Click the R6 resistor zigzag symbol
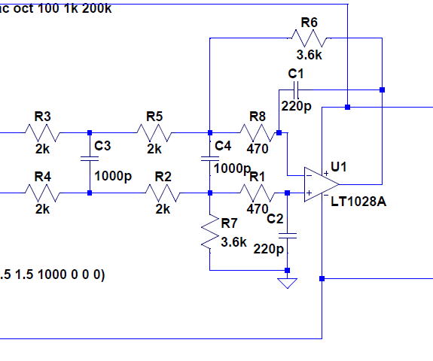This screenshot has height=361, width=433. click(310, 38)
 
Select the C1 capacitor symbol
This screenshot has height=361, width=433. click(296, 90)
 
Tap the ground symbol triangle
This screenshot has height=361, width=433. click(287, 284)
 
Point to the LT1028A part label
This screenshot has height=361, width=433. click(358, 202)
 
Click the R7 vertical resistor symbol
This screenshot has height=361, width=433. click(210, 232)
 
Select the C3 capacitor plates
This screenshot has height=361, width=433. click(90, 158)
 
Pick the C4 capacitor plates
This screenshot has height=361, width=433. click(210, 158)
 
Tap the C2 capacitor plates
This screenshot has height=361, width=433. click(287, 235)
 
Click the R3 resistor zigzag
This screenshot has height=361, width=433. click(42, 132)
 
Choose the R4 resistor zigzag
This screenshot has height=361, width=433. click(42, 193)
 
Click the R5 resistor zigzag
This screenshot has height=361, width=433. click(154, 132)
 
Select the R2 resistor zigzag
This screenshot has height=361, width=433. click(163, 193)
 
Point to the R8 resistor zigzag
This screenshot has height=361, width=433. click(258, 132)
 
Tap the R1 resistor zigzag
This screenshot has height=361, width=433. click(258, 193)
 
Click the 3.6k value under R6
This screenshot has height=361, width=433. click(310, 55)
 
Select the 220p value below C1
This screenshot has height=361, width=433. click(296, 106)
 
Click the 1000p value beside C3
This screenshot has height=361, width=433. click(113, 176)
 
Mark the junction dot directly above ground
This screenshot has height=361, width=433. click(287, 270)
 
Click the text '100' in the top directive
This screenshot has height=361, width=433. click(48, 8)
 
